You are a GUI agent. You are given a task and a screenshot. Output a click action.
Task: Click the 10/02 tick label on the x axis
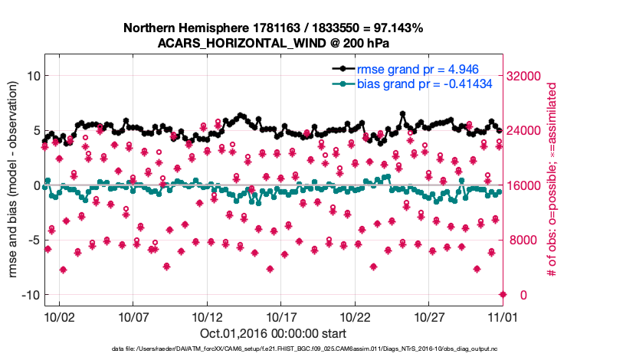tap(60, 316)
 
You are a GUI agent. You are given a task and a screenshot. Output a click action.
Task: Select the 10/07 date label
tap(133, 316)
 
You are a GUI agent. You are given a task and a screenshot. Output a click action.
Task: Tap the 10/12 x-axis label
tap(208, 316)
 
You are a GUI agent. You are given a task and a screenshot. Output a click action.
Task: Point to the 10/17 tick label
tap(281, 316)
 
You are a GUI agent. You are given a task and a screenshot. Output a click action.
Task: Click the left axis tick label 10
tap(33, 76)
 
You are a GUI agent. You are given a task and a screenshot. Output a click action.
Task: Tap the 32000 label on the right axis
tap(526, 76)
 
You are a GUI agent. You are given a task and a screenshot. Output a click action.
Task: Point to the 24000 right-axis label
tap(526, 131)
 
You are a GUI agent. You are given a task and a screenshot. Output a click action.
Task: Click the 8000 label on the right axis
tap(523, 241)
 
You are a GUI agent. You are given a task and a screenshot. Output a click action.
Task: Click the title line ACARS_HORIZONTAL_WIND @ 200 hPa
tap(274, 42)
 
